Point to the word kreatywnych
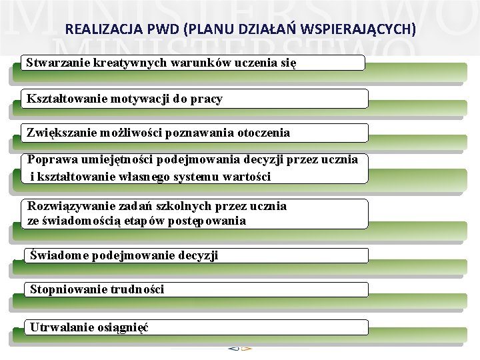tap(120, 63)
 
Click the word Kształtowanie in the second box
tap(62, 99)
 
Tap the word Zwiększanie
tap(60, 132)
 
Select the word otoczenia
tap(262, 132)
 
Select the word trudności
tap(137, 289)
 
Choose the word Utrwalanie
tap(59, 327)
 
